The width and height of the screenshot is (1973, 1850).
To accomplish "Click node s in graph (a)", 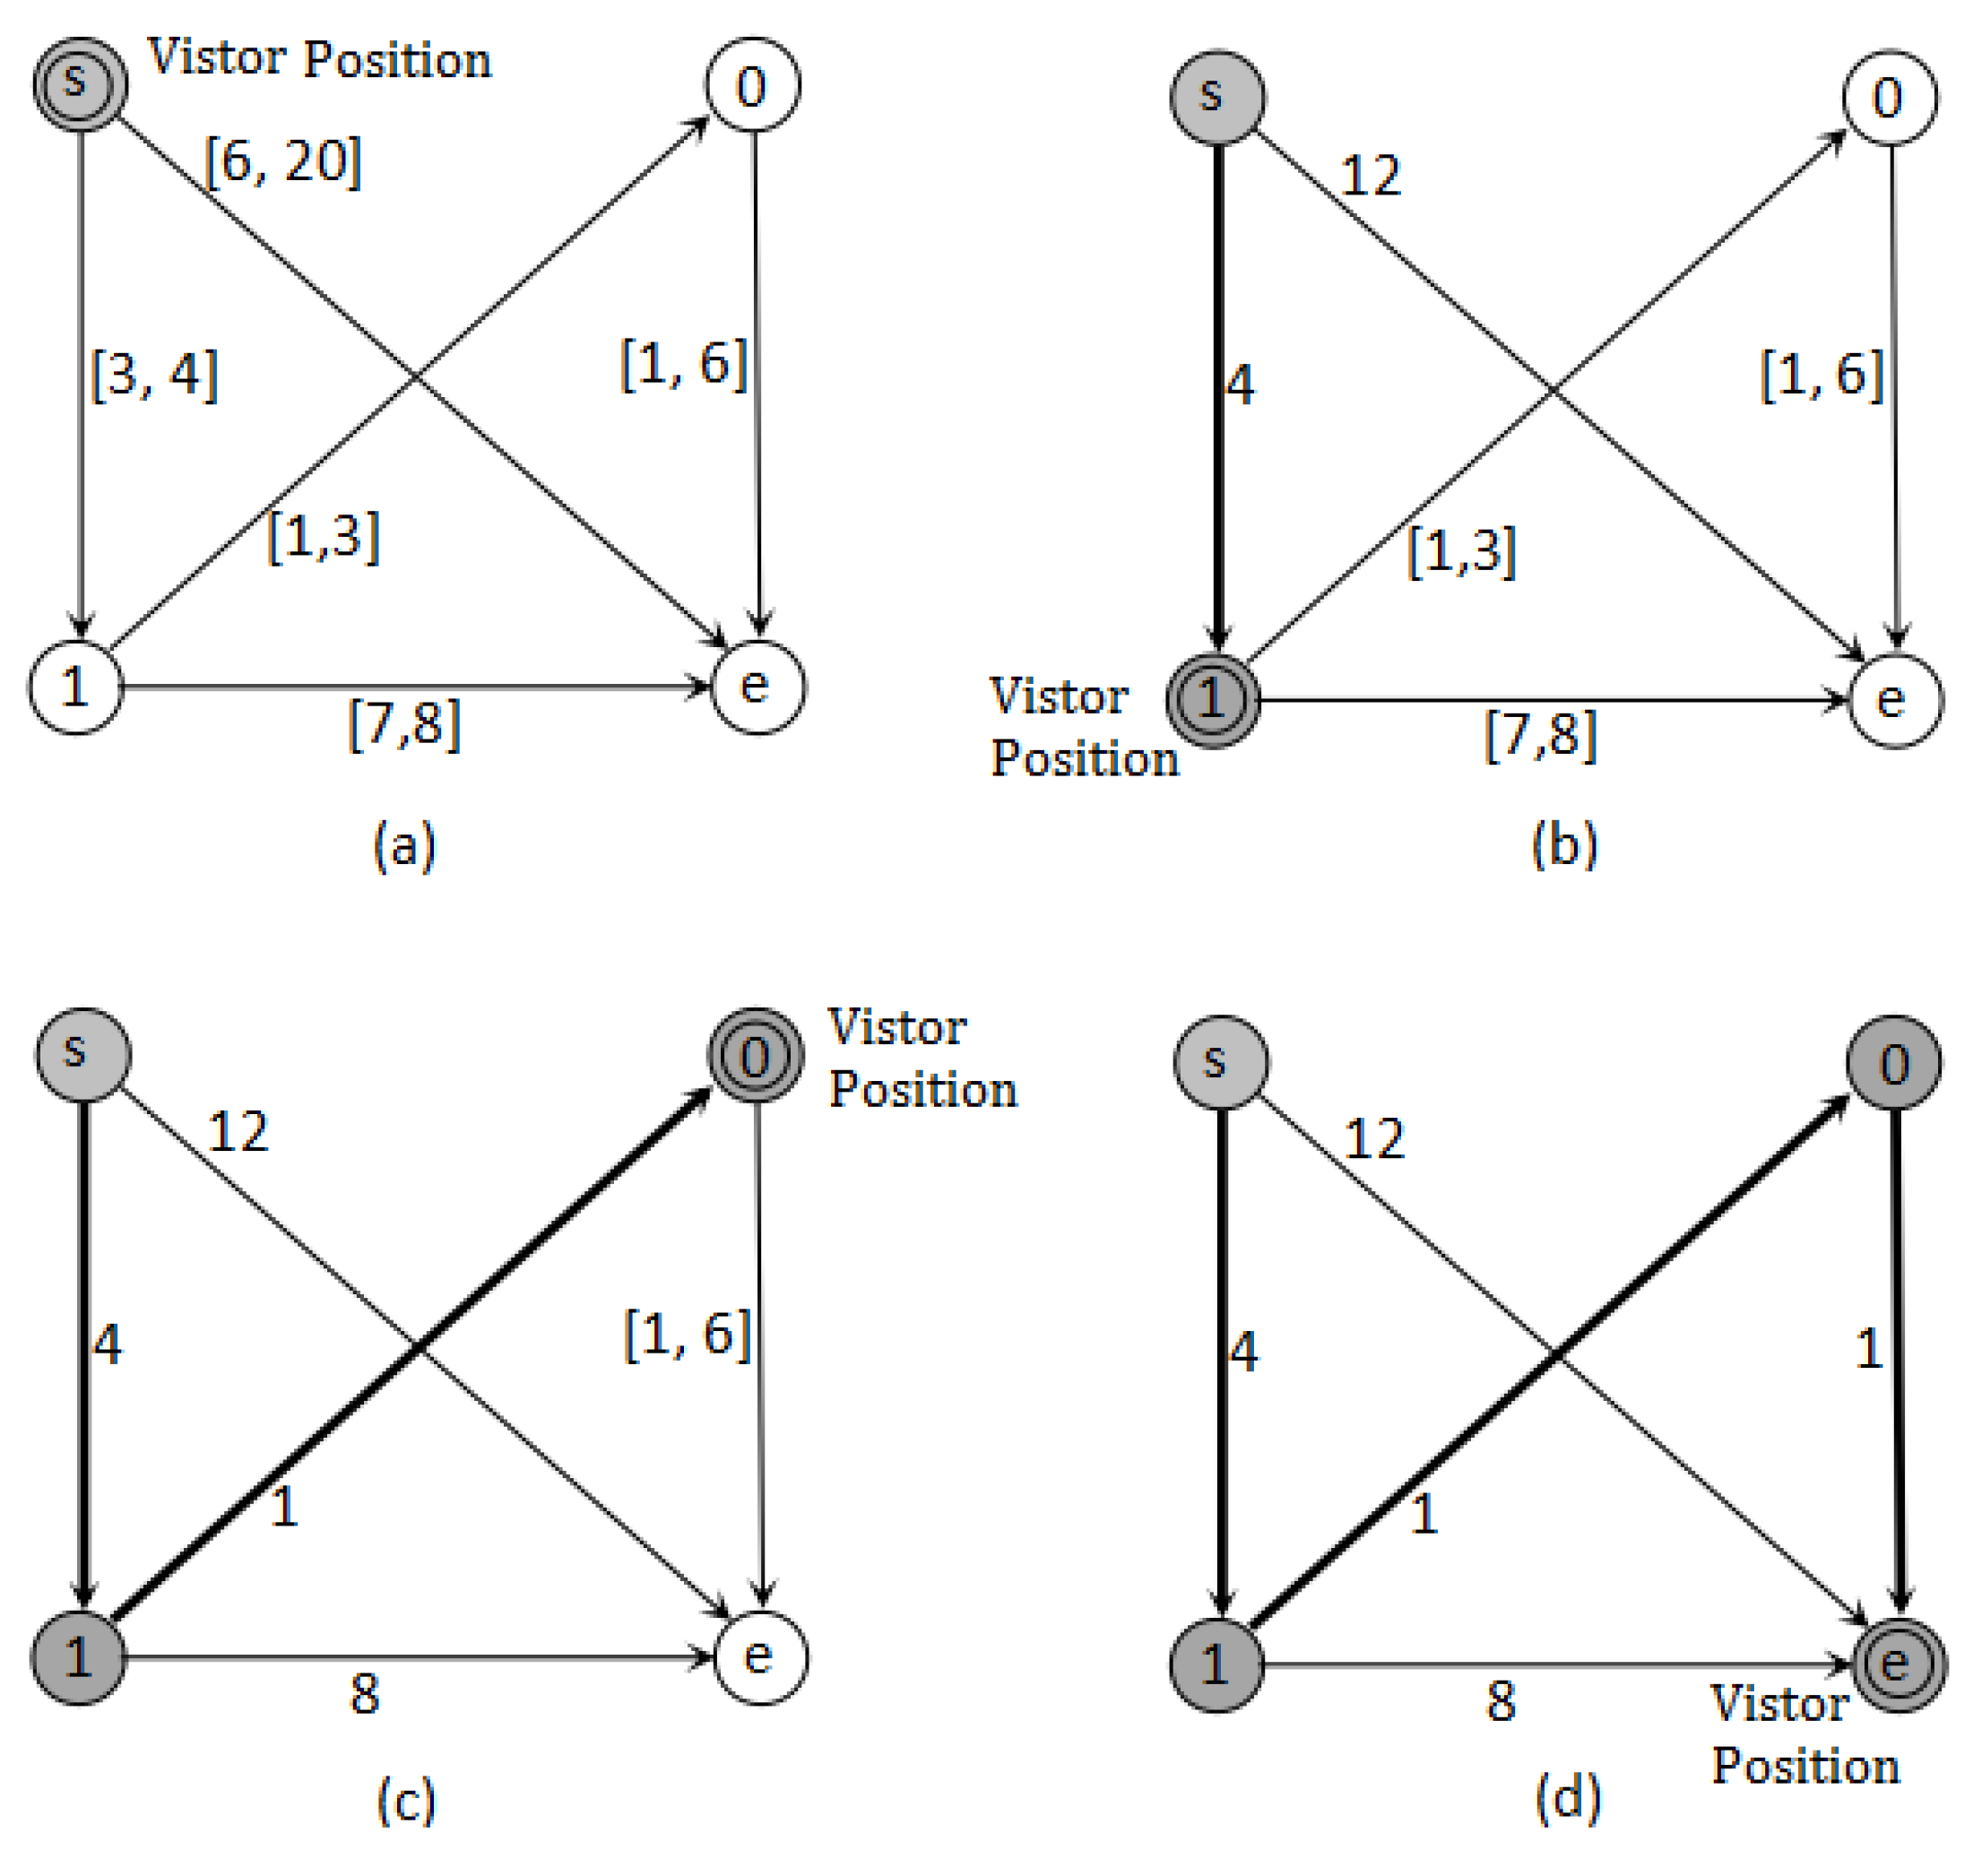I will [81, 84].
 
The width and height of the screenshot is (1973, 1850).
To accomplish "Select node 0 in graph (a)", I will [753, 85].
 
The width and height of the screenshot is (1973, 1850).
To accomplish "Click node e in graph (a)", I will [758, 687].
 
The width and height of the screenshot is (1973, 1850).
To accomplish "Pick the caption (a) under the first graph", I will [404, 847].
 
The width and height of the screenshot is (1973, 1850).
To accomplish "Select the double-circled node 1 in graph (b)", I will [1213, 701].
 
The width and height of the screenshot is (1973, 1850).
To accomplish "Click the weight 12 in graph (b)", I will [1371, 177].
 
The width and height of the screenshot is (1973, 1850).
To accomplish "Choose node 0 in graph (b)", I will [1891, 99].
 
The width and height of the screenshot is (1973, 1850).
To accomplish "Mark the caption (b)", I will [1564, 847].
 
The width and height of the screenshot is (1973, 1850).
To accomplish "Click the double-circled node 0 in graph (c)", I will [756, 1056].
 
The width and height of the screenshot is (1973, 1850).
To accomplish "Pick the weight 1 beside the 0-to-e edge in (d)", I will [1869, 1351].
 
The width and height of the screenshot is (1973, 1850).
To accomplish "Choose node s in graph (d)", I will [1220, 1062].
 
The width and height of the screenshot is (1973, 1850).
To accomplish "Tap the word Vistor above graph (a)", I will [217, 58].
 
